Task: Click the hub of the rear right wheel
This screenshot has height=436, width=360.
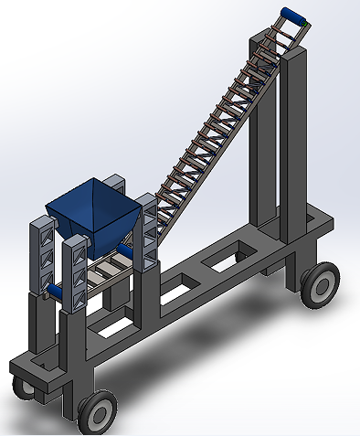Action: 321,285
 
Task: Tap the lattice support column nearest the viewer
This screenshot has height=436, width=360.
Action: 76,274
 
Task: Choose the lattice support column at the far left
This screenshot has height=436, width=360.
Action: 42,256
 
